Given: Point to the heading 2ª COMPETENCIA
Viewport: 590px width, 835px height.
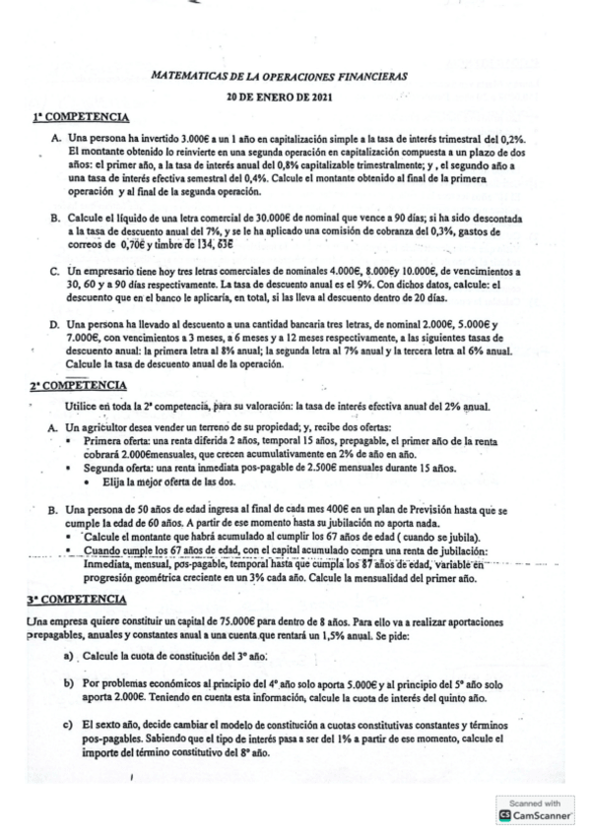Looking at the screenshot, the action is pyautogui.click(x=76, y=385).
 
